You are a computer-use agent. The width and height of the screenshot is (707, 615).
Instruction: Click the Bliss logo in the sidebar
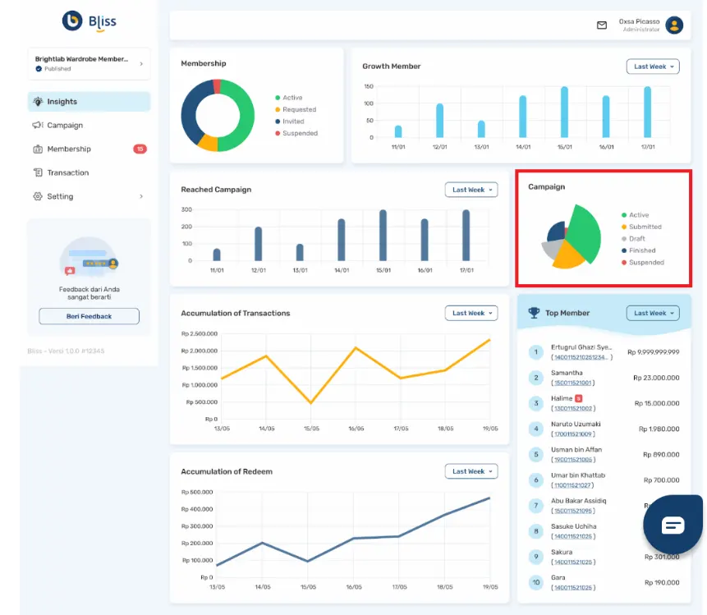click(89, 21)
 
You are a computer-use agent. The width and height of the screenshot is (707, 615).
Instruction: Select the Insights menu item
click(62, 102)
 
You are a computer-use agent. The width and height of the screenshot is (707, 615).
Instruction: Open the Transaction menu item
click(67, 172)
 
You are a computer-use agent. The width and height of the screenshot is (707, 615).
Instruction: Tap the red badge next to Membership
click(140, 149)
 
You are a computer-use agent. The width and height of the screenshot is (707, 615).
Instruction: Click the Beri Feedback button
click(89, 316)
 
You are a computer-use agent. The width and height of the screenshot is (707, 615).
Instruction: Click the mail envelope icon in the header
click(602, 25)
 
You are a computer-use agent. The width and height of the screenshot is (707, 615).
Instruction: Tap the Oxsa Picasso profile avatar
click(674, 25)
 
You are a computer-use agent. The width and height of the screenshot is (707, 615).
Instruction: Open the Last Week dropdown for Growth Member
click(653, 67)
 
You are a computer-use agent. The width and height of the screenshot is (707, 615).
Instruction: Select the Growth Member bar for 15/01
click(564, 112)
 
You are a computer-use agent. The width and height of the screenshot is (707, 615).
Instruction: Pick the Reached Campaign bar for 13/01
click(300, 252)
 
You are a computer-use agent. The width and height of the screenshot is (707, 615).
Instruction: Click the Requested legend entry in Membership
click(299, 109)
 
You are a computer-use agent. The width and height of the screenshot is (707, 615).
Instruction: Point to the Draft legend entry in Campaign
click(636, 239)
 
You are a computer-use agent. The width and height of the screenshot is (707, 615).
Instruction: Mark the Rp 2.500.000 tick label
click(200, 333)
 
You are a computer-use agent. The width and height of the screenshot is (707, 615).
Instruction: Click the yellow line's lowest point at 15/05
click(310, 402)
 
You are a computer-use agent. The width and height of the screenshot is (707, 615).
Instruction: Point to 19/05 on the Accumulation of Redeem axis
click(489, 587)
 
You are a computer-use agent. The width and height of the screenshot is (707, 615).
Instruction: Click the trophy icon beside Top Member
click(535, 313)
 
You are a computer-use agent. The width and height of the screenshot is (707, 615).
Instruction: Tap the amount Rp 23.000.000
click(656, 378)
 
